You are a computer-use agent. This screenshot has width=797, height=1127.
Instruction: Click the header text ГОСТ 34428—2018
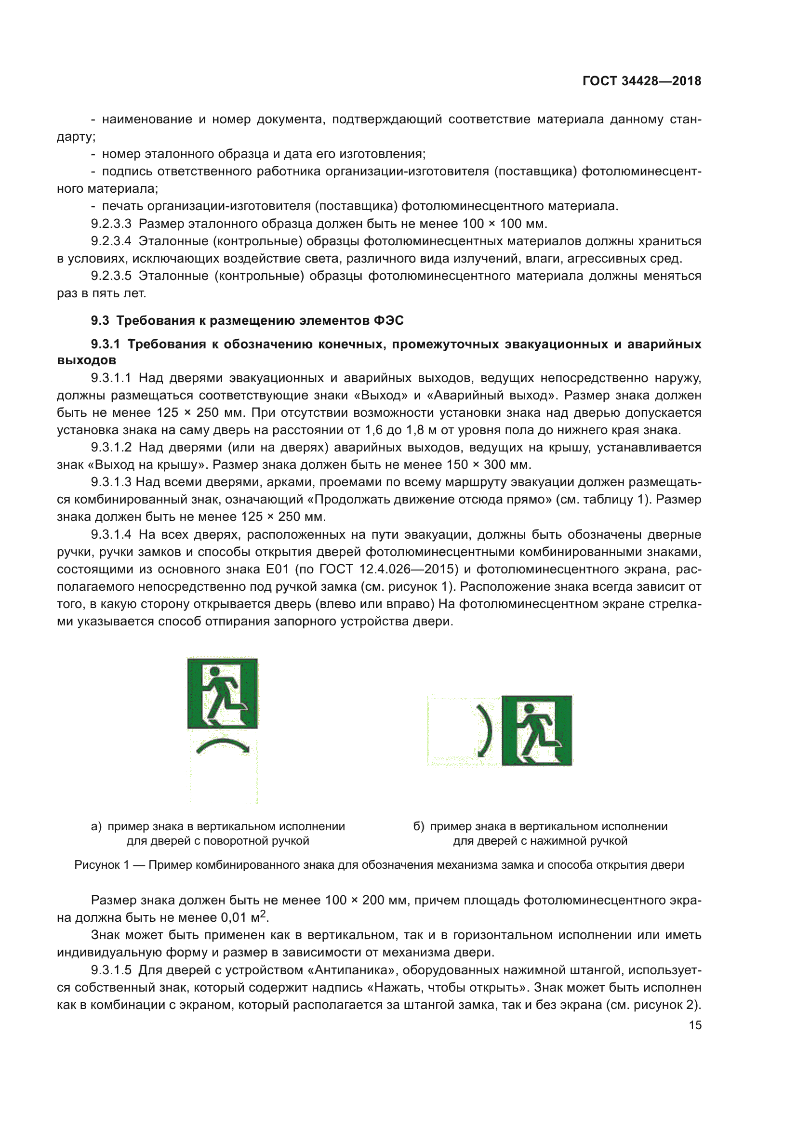click(641, 81)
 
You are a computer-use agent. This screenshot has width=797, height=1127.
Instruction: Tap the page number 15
click(695, 1025)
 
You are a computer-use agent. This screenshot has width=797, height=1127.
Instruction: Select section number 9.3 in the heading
click(100, 320)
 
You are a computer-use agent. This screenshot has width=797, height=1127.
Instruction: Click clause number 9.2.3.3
click(111, 224)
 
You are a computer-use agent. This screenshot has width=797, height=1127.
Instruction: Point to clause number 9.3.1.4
click(111, 534)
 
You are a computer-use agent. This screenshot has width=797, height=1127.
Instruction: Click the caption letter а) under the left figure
click(96, 827)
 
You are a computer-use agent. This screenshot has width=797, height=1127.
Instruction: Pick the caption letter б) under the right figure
click(418, 827)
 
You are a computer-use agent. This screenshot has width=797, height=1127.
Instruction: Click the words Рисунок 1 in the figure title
click(102, 865)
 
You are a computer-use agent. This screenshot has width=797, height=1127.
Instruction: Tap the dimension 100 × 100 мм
click(504, 224)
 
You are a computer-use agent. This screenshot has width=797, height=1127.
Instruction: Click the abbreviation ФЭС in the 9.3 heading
click(389, 320)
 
